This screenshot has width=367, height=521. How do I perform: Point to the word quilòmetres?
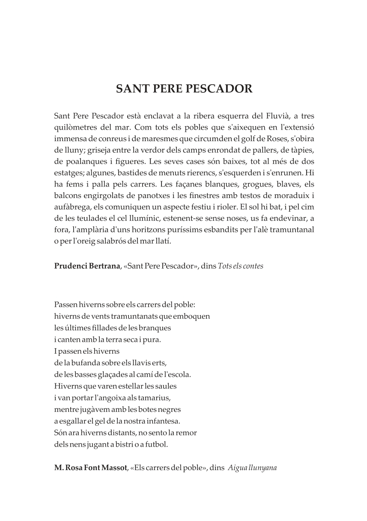coord(76,127)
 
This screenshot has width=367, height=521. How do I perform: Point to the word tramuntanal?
coord(292,230)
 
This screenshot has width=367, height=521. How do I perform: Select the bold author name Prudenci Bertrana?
coord(87,266)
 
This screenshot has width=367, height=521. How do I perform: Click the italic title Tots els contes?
coord(241,266)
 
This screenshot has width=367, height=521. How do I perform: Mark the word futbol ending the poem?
coord(156,444)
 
